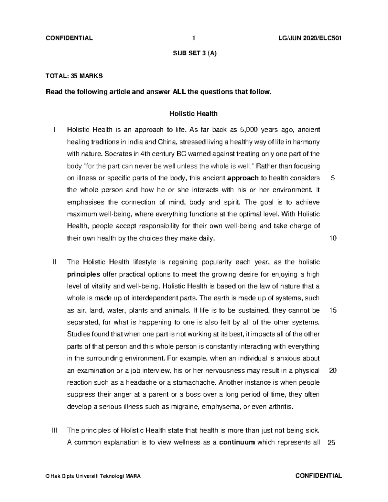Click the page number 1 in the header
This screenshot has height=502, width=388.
[193, 38]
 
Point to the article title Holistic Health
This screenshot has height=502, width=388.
[193, 114]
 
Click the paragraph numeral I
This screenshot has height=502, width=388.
[55, 130]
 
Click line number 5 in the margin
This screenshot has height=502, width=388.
[333, 178]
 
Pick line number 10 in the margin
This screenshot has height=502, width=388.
[333, 239]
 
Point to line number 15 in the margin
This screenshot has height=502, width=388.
[333, 311]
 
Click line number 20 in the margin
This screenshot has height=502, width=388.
[333, 371]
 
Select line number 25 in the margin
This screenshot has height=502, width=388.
[332, 443]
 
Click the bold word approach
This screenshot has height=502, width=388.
[243, 178]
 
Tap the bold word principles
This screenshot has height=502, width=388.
[83, 274]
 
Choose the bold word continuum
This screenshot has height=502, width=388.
[237, 443]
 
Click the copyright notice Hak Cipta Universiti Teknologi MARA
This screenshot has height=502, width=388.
[93, 476]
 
